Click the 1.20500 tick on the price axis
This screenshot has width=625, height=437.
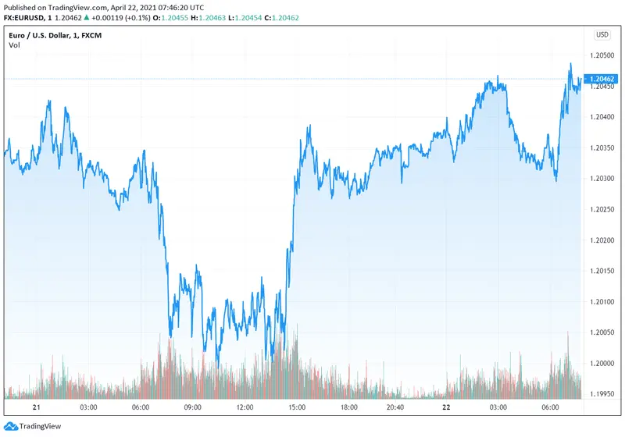coord(604,55)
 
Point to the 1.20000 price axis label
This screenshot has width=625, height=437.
coord(604,364)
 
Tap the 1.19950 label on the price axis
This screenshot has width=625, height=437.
coord(604,394)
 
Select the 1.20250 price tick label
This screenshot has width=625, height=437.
coord(604,209)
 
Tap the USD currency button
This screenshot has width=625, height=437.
coord(602,34)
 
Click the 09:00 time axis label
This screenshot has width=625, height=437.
coord(192,407)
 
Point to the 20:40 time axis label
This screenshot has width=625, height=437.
coord(395,407)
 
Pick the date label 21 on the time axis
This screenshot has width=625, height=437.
coord(36,407)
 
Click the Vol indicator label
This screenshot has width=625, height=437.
coord(14,45)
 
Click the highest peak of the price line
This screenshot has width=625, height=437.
coord(570,64)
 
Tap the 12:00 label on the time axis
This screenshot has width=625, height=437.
coord(245,407)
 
